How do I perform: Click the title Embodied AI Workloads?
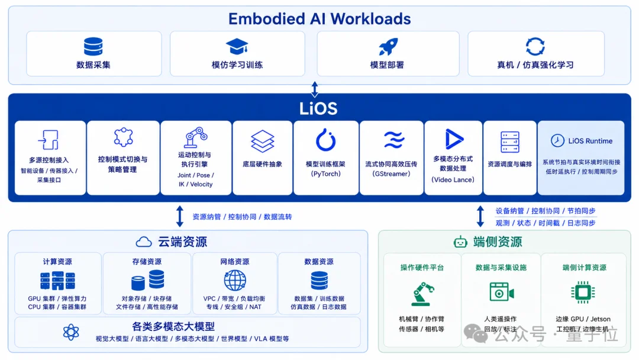319,19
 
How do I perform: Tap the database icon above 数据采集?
93,46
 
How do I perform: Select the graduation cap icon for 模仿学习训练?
237,47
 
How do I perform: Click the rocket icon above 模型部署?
388,46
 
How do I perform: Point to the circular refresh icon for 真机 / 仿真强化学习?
535,46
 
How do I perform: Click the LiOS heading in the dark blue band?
318,108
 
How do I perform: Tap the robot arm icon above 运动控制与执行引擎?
196,137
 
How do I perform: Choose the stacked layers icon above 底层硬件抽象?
263,141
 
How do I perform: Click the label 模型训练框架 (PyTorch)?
325,169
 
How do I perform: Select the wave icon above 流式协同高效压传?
393,140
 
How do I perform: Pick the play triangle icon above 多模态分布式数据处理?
454,139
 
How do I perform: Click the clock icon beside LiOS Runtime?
557,141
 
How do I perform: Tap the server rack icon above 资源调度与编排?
510,142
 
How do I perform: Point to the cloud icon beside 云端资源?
143,242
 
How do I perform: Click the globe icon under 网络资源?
235,281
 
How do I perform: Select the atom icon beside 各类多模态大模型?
71,332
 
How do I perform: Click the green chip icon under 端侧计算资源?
583,292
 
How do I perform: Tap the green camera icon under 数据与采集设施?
502,292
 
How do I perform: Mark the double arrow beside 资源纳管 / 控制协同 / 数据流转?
180,217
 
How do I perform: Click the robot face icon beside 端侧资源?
460,242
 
